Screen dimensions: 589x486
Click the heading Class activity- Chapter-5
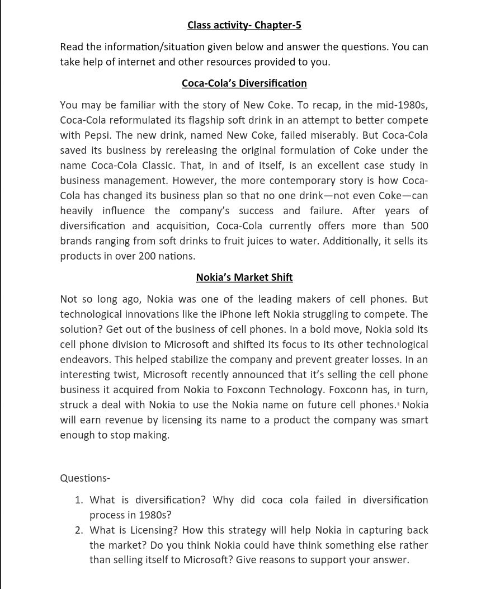pyautogui.click(x=244, y=25)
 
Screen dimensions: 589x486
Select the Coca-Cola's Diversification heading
pyautogui.click(x=244, y=83)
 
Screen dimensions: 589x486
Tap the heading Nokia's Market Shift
pyautogui.click(x=244, y=277)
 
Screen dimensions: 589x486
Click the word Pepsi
pyautogui.click(x=97, y=135)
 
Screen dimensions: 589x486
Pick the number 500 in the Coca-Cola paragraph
pyautogui.click(x=419, y=226)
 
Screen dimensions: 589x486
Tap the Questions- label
pyautogui.click(x=85, y=478)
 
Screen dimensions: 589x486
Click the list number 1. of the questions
pyautogui.click(x=79, y=500)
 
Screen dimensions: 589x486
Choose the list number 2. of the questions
pyautogui.click(x=79, y=530)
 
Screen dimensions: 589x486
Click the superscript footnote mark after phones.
pyautogui.click(x=398, y=404)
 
